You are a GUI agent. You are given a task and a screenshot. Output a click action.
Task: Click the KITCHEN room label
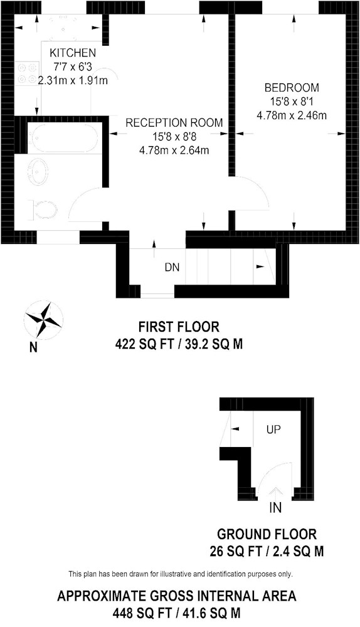pyautogui.click(x=72, y=53)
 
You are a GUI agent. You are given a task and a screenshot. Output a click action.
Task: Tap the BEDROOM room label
pyautogui.click(x=292, y=87)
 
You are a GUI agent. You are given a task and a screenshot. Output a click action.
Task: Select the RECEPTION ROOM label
pyautogui.click(x=174, y=122)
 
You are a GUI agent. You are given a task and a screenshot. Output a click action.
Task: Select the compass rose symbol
pyautogui.click(x=44, y=320)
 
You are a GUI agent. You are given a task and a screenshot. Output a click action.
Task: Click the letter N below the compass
pyautogui.click(x=34, y=347)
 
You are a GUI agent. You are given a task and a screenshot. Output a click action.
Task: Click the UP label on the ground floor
pyautogui.click(x=273, y=430)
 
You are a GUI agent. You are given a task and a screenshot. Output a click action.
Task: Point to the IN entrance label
pyautogui.click(x=275, y=508)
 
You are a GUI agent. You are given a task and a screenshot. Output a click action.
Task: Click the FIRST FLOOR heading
pyautogui.click(x=179, y=327)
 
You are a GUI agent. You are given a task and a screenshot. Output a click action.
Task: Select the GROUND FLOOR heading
pyautogui.click(x=267, y=534)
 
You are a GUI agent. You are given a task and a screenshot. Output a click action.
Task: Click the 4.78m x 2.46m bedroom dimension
pyautogui.click(x=292, y=116)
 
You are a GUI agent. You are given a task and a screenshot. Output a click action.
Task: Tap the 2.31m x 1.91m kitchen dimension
pyautogui.click(x=73, y=80)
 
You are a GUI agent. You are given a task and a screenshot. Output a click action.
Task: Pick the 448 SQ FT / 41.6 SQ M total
pyautogui.click(x=176, y=613)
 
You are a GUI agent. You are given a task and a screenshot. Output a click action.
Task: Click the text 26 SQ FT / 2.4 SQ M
pyautogui.click(x=267, y=552)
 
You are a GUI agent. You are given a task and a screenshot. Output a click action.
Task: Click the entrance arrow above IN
pyautogui.click(x=275, y=492)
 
